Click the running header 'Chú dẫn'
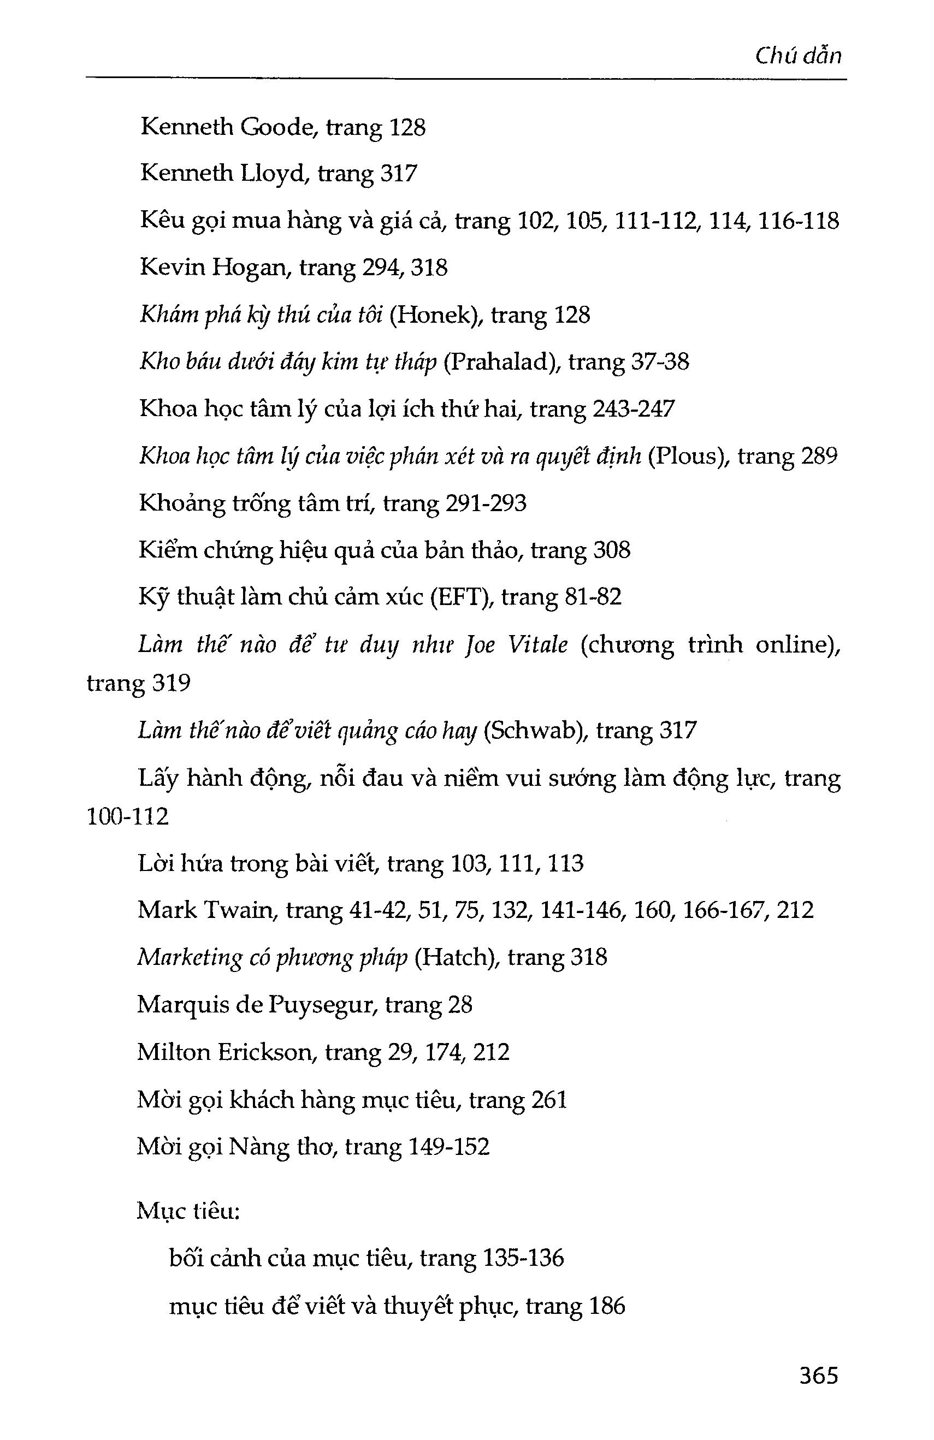coord(798,56)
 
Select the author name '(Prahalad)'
coord(501,362)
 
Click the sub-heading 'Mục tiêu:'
coord(188,1211)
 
